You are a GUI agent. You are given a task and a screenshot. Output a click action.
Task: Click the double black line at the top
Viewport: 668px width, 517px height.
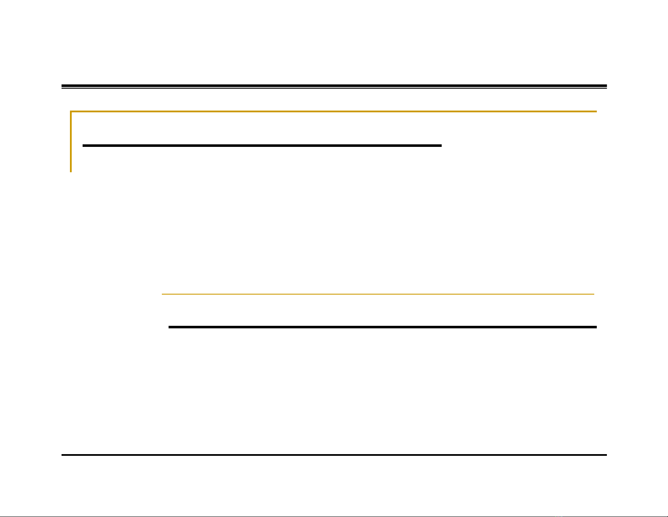pyautogui.click(x=334, y=87)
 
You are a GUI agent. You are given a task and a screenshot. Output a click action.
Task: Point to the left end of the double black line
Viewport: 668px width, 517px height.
pyautogui.click(x=62, y=87)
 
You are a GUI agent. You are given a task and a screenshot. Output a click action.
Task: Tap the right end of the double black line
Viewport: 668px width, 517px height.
pyautogui.click(x=606, y=87)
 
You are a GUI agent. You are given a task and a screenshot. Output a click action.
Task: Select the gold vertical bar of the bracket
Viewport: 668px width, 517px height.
pyautogui.click(x=71, y=141)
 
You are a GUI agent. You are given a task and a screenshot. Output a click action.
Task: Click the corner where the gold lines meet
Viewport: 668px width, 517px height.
pyautogui.click(x=71, y=111)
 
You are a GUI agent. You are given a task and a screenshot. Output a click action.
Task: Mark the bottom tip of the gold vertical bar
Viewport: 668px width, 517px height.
pyautogui.click(x=71, y=171)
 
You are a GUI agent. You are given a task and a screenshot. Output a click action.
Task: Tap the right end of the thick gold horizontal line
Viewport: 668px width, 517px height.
pyautogui.click(x=596, y=111)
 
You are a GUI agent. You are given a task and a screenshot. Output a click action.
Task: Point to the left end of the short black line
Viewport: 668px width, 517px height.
pyautogui.click(x=83, y=146)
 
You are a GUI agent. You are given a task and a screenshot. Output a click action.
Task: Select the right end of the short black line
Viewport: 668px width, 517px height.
pyautogui.click(x=441, y=146)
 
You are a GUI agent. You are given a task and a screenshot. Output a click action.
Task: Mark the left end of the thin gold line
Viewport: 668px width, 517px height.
pyautogui.click(x=163, y=294)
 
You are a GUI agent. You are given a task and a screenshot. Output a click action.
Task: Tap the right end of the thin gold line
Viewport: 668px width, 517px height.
pyautogui.click(x=593, y=294)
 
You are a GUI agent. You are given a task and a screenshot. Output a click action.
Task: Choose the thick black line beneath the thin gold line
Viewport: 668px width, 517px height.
pyautogui.click(x=383, y=327)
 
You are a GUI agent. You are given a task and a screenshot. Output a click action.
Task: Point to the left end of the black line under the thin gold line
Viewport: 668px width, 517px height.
pyautogui.click(x=169, y=327)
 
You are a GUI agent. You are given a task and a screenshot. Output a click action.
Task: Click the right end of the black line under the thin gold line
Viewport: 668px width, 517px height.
pyautogui.click(x=596, y=327)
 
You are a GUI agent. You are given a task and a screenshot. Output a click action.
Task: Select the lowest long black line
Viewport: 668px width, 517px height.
pyautogui.click(x=334, y=455)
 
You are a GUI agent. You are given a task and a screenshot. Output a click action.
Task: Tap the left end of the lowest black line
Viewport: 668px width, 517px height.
pyautogui.click(x=62, y=455)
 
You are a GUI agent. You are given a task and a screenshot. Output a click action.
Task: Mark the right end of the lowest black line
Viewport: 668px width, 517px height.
pyautogui.click(x=606, y=455)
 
